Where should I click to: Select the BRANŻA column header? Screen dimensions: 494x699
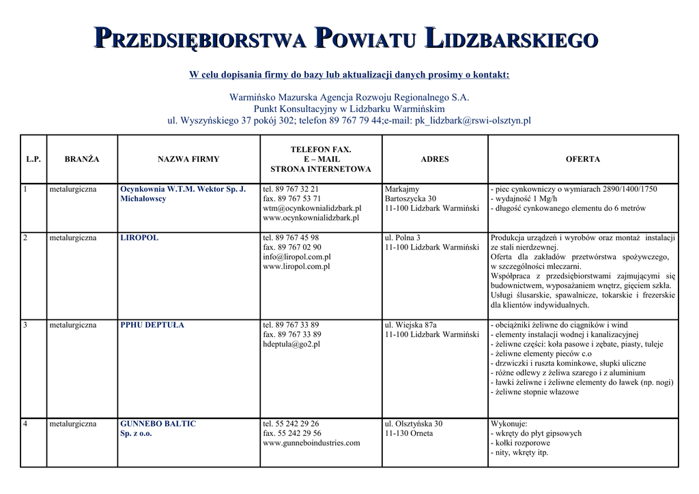(x=82, y=159)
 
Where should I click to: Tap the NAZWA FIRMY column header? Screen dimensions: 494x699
(x=188, y=159)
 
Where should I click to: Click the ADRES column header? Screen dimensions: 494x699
(x=435, y=159)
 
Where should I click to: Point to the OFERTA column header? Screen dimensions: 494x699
(x=583, y=159)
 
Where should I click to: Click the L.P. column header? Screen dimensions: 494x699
(x=33, y=159)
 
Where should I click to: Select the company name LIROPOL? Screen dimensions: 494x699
(x=139, y=238)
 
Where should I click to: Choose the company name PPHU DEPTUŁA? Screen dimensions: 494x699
(x=152, y=325)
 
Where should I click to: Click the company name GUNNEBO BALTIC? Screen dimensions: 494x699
(x=158, y=424)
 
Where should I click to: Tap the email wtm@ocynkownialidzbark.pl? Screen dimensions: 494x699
(x=312, y=208)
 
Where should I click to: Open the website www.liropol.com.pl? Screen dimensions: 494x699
(x=296, y=267)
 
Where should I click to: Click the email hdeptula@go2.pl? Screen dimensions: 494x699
(x=291, y=345)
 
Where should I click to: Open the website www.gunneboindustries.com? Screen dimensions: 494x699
(x=311, y=443)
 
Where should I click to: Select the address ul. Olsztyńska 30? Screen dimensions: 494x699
(x=414, y=424)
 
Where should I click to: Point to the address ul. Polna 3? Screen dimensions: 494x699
(x=403, y=238)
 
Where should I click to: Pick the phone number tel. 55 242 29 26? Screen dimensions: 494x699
(x=291, y=424)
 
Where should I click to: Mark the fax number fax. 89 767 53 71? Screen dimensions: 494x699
(x=292, y=199)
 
